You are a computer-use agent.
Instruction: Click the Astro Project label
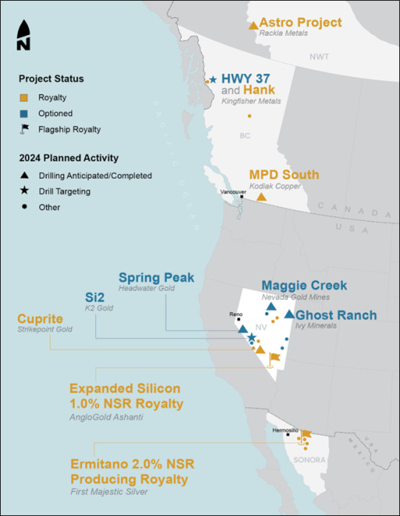coord(300,22)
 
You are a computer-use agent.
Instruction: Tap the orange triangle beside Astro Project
coord(252,26)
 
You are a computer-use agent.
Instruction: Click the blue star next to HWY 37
coord(213,80)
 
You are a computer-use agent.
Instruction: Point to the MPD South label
coord(284,174)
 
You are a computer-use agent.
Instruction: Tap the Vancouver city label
coord(233,190)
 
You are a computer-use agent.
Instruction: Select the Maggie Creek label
coord(304,285)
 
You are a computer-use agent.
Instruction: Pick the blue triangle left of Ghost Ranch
coord(289,315)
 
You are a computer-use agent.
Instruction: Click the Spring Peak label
coord(156,278)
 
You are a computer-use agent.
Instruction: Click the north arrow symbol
coord(23,35)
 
